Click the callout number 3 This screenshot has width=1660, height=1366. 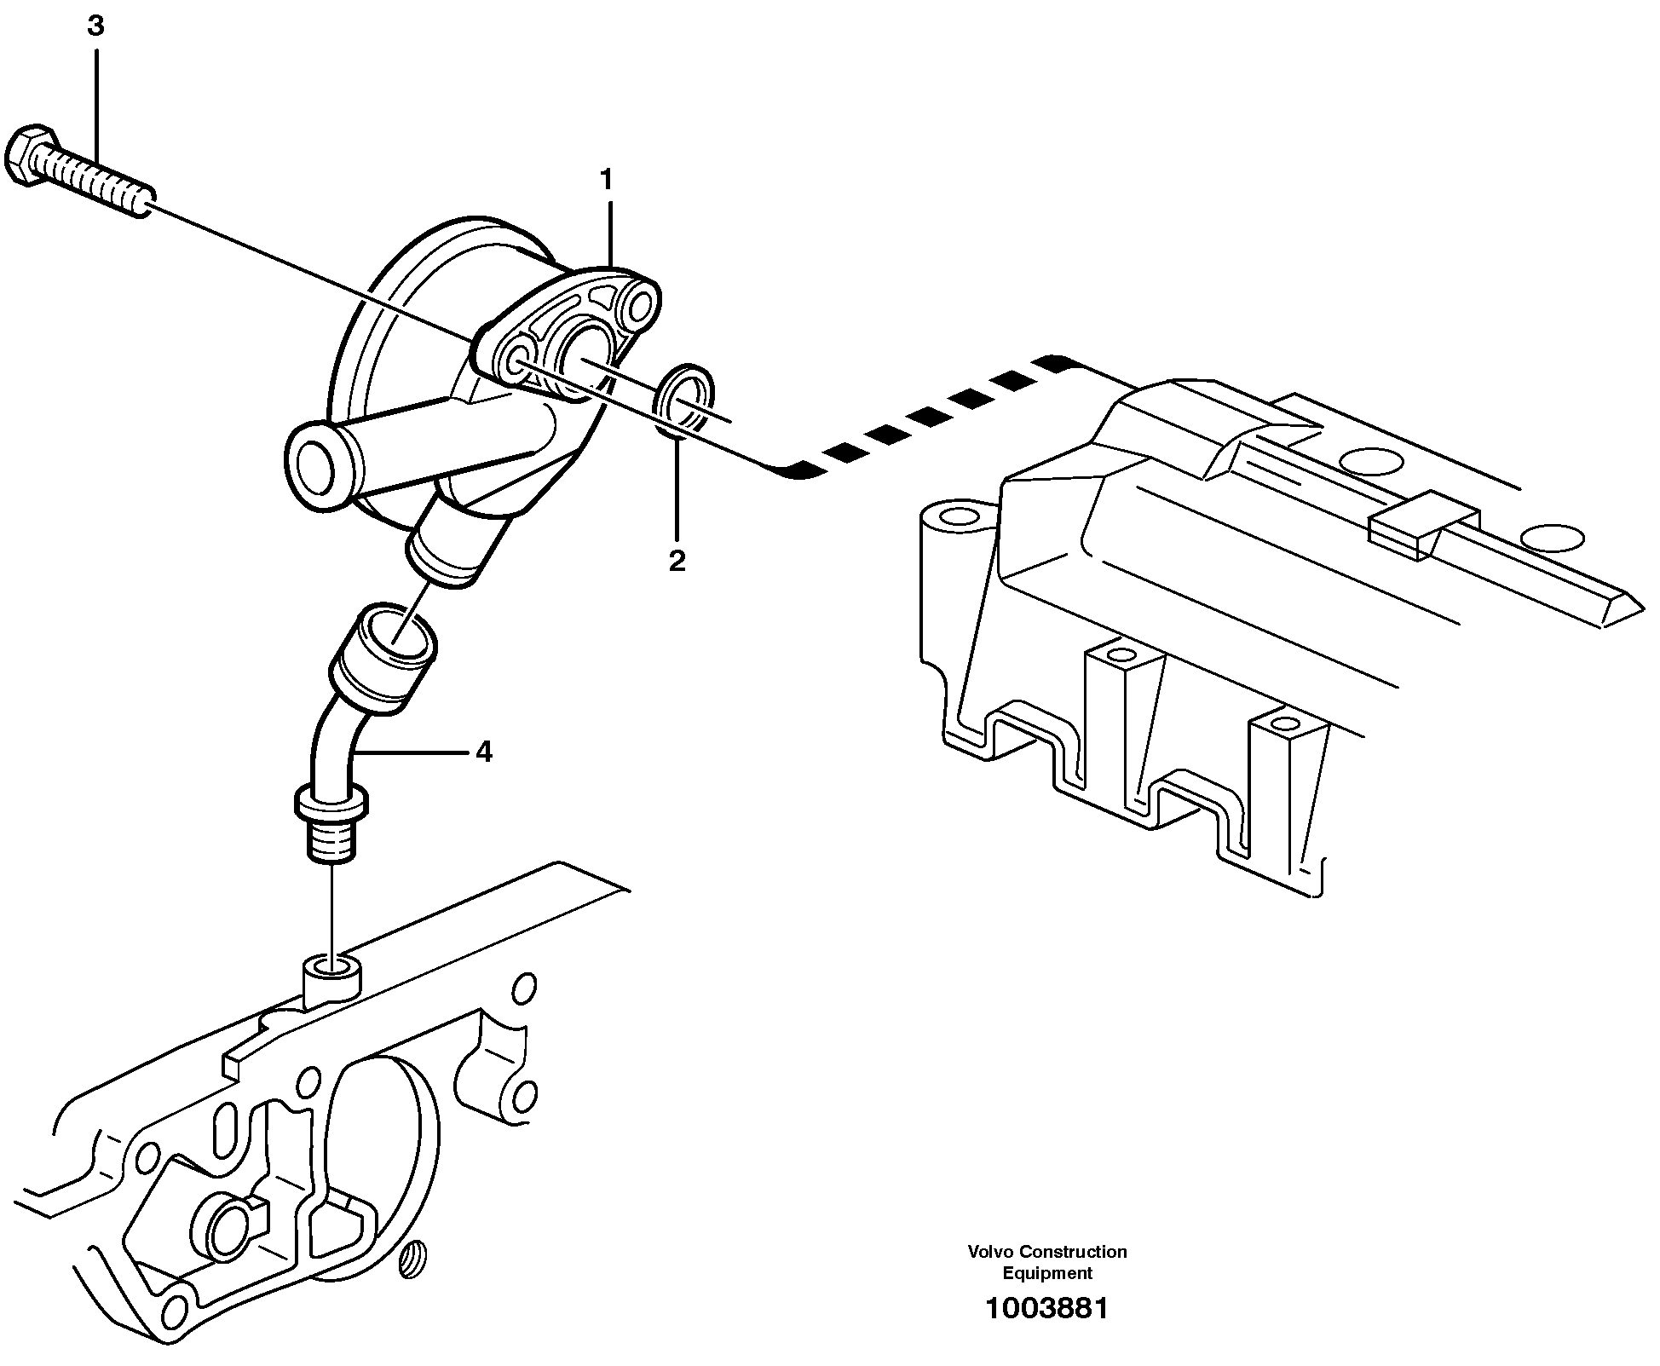(x=95, y=27)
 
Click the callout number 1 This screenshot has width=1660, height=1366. (x=606, y=180)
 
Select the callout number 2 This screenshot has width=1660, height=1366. (x=677, y=561)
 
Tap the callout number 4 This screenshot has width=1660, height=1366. (x=484, y=752)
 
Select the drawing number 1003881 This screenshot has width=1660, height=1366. (x=1046, y=1309)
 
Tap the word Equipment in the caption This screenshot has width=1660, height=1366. (x=1046, y=1273)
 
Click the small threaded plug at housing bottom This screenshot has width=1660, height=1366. (x=415, y=1259)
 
